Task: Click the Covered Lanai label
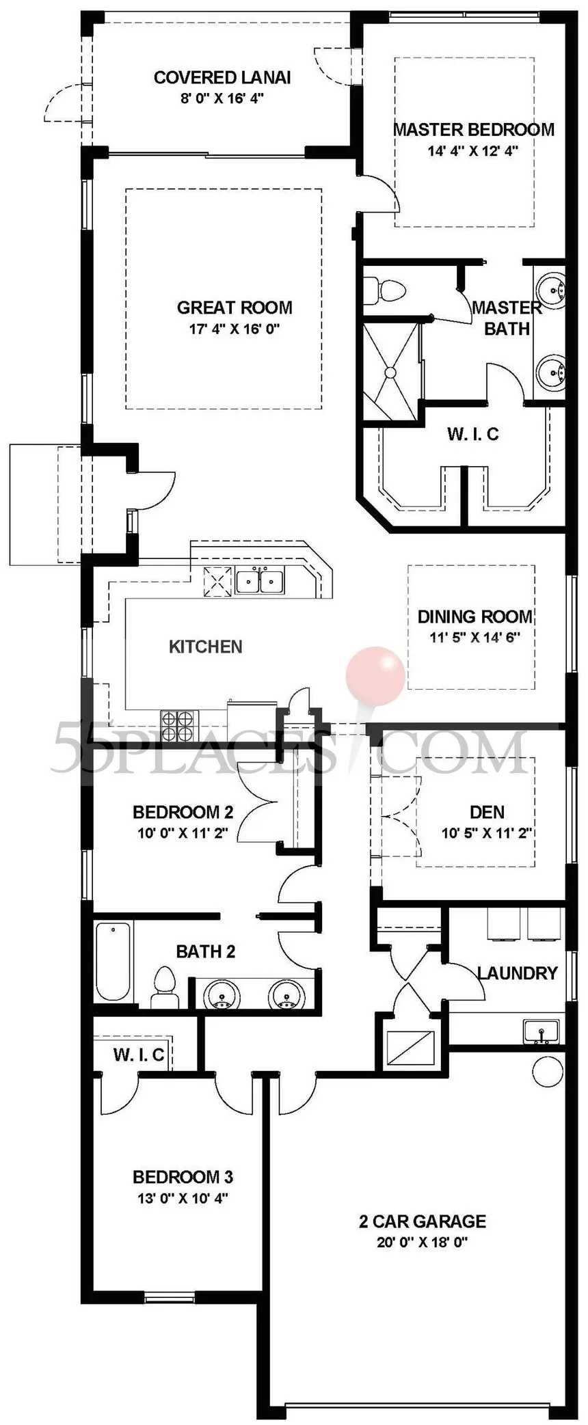pyautogui.click(x=222, y=77)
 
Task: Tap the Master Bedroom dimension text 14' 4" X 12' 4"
pyautogui.click(x=473, y=150)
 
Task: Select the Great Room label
pyautogui.click(x=235, y=308)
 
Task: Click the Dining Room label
pyautogui.click(x=475, y=616)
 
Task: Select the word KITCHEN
pyautogui.click(x=205, y=647)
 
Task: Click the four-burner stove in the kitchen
pyautogui.click(x=178, y=727)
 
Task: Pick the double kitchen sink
pyautogui.click(x=260, y=582)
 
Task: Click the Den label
pyautogui.click(x=487, y=812)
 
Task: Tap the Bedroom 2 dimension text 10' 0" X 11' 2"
pyautogui.click(x=182, y=833)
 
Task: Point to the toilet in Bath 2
pyautogui.click(x=163, y=988)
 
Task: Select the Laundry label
pyautogui.click(x=517, y=973)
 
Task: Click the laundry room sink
pyautogui.click(x=541, y=1031)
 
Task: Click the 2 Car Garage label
pyautogui.click(x=423, y=1221)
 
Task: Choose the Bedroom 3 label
pyautogui.click(x=183, y=1177)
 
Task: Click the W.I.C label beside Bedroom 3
pyautogui.click(x=139, y=1055)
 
